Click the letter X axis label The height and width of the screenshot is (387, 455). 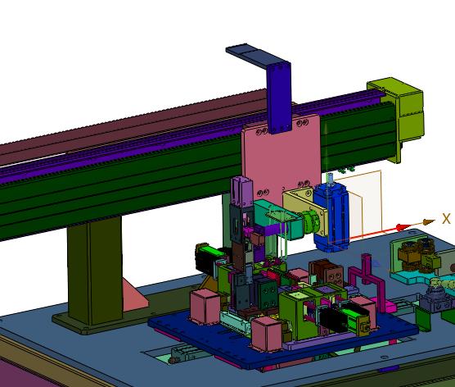click(x=446, y=219)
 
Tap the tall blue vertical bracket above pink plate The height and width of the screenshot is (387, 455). click(x=279, y=98)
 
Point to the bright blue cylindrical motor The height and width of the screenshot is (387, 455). click(x=331, y=217)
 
